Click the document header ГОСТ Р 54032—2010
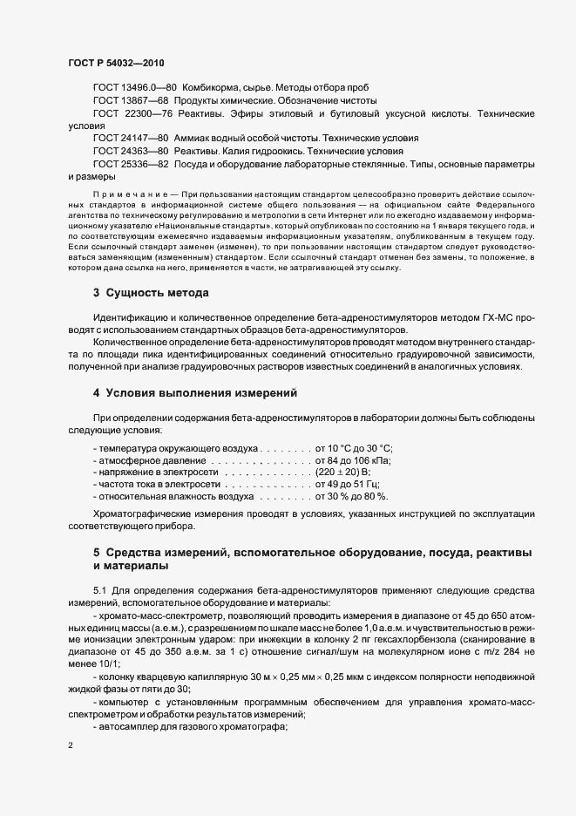pyautogui.click(x=115, y=63)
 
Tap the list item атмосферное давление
pyautogui.click(x=150, y=459)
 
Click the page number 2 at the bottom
pyautogui.click(x=70, y=747)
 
